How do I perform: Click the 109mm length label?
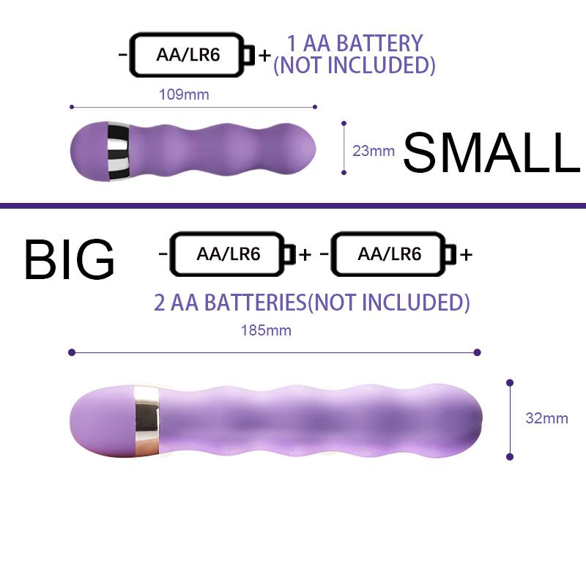click(184, 94)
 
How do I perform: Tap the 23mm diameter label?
click(374, 151)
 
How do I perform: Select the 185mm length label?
click(266, 330)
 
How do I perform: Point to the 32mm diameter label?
click(546, 418)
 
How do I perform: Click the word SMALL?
click(492, 153)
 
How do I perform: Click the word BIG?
click(69, 259)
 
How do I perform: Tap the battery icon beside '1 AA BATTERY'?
click(192, 55)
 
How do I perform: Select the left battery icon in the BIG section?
click(233, 254)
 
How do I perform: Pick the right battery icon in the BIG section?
click(393, 254)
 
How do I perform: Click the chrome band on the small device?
click(118, 151)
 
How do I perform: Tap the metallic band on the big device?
click(147, 421)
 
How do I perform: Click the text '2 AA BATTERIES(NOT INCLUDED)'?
click(312, 303)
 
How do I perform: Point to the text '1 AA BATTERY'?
click(355, 43)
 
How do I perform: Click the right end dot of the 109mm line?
click(315, 107)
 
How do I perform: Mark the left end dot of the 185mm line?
click(72, 352)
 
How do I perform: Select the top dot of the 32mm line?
click(510, 382)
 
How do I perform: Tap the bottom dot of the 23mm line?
click(344, 172)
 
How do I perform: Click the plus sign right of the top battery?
click(264, 56)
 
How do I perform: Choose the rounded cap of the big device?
click(102, 421)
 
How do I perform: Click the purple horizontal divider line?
click(293, 206)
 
